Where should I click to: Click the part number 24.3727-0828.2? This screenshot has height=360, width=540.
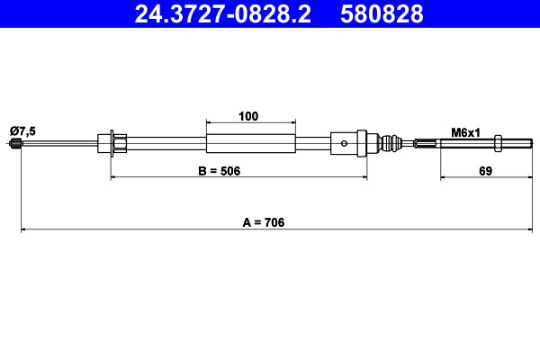coord(228,13)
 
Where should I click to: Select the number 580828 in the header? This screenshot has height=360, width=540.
coord(381,13)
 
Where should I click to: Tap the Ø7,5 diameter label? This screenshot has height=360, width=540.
coord(22,131)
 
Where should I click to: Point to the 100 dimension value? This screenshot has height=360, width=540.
coord(249,115)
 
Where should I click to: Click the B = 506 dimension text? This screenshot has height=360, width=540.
coord(220,170)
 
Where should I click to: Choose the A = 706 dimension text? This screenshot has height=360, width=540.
coord(263,221)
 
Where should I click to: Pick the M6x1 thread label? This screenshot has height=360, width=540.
coord(465,131)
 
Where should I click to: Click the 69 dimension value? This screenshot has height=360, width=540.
coord(484,170)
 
